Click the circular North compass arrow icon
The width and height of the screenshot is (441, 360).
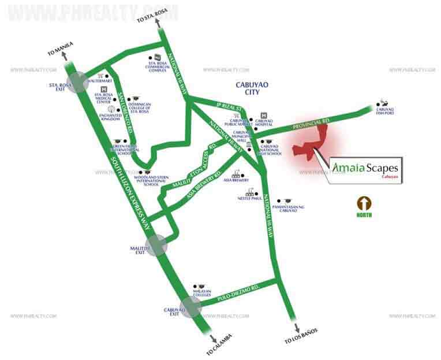(x=364, y=203)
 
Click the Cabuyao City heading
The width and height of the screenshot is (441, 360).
(x=250, y=88)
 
